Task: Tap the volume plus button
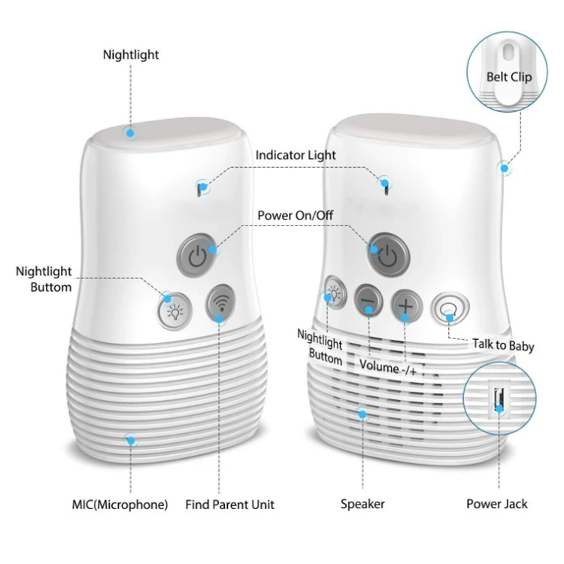pos(406,305)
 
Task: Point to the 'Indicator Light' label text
pos(296,155)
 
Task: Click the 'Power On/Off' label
pos(296,215)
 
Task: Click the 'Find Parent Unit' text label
pos(230,503)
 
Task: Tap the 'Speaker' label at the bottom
pos(363,503)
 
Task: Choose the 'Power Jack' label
pos(497,503)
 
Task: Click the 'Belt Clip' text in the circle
pos(509,77)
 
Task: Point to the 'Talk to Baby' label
pos(503,346)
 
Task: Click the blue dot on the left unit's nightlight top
pos(131,133)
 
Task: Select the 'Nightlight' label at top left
pos(131,55)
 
